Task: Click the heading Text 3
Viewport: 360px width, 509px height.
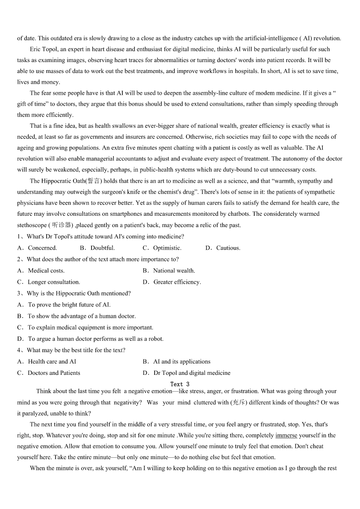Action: [177, 384]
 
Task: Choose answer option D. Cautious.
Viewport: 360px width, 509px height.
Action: [223, 248]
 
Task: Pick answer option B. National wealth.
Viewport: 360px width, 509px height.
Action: [169, 271]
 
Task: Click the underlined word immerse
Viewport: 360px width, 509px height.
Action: [286, 435]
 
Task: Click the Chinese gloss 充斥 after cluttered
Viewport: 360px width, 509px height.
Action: [238, 402]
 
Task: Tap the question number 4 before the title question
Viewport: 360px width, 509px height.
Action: [19, 350]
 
